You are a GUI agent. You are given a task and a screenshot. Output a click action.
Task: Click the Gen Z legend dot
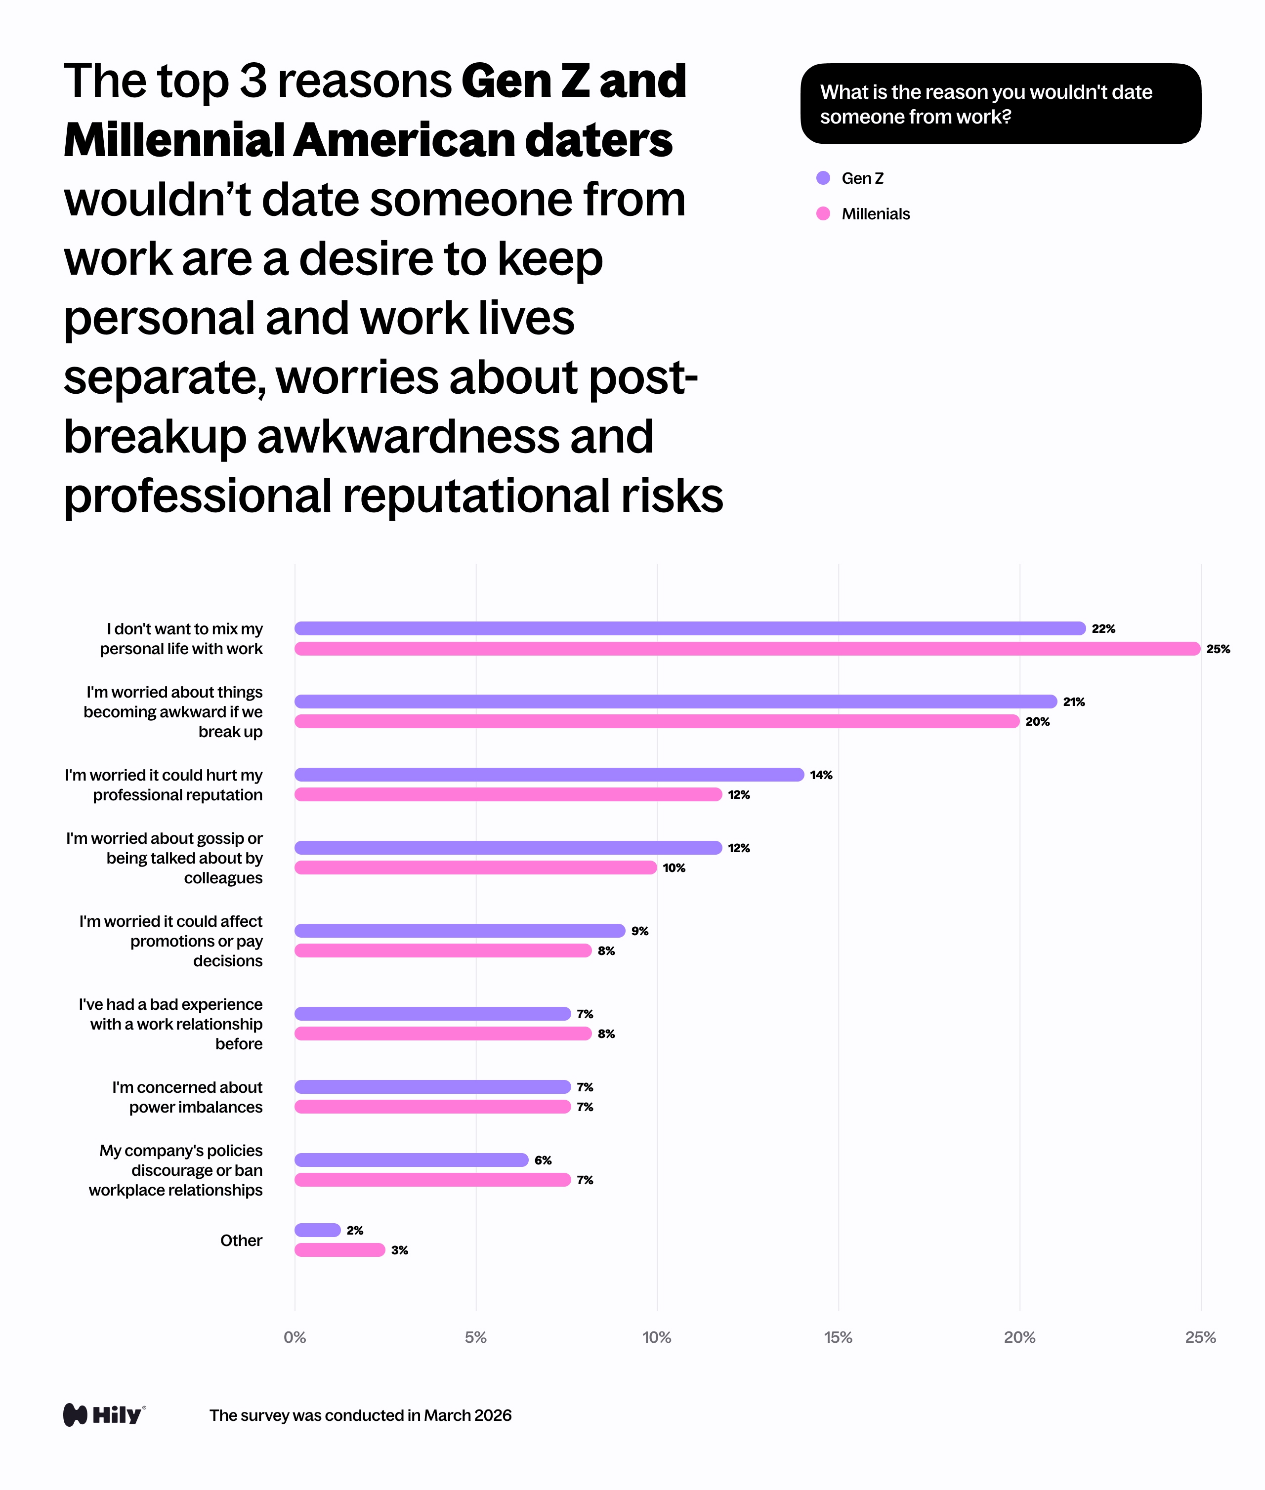(823, 178)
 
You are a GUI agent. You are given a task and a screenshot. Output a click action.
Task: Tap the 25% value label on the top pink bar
(1218, 649)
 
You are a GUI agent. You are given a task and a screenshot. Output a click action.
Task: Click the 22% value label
(1103, 629)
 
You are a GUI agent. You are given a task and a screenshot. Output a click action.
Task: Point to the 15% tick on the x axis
(838, 1337)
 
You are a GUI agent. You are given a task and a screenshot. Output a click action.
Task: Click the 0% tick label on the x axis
(295, 1337)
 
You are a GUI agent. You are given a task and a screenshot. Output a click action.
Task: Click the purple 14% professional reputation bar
(548, 775)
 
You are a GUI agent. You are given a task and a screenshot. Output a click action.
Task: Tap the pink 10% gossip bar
(475, 868)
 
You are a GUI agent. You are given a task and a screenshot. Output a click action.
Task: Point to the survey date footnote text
(360, 1415)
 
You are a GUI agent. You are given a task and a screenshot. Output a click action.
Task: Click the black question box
(1000, 104)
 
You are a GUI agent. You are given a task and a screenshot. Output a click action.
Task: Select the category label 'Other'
(241, 1241)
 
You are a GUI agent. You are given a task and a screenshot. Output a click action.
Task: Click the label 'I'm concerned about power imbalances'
(187, 1097)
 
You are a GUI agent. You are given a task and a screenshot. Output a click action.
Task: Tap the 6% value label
(543, 1160)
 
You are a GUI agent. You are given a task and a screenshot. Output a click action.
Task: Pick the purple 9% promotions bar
(460, 931)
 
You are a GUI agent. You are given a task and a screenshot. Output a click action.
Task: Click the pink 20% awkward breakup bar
(656, 721)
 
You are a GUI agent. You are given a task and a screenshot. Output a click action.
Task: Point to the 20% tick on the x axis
(1019, 1337)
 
